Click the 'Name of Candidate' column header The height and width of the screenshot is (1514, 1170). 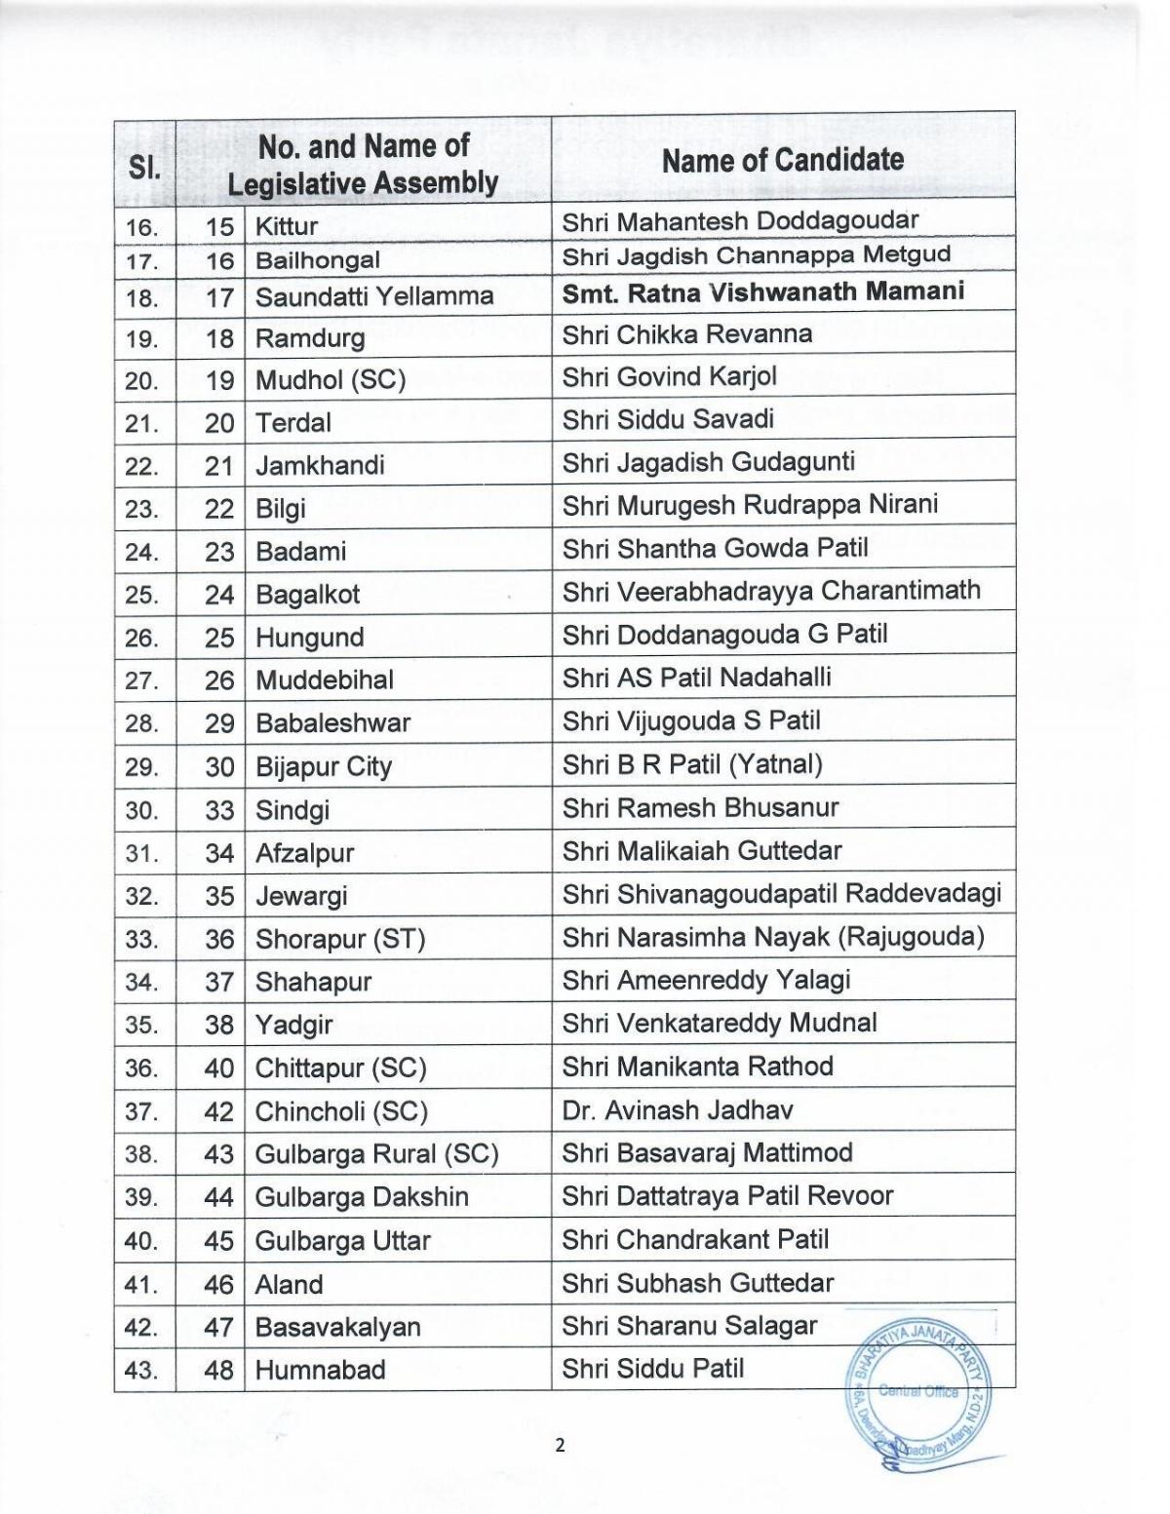[782, 161]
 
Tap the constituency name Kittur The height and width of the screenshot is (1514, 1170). [287, 227]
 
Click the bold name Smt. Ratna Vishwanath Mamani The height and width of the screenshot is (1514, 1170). [763, 291]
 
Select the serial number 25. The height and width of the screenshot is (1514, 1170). [141, 595]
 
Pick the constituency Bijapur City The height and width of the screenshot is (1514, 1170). [323, 767]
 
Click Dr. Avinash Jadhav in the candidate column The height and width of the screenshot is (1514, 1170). [678, 1109]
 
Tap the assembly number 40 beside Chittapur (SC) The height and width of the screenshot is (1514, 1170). [219, 1068]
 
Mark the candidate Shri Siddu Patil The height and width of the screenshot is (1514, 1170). [652, 1369]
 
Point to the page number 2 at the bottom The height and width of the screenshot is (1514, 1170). [560, 1445]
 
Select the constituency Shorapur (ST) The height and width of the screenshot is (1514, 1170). [340, 940]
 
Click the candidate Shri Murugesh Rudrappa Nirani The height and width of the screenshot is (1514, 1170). [750, 505]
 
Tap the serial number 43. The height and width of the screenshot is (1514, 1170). [141, 1371]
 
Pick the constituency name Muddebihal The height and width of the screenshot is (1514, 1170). [325, 680]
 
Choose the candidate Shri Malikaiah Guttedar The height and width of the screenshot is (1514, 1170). [702, 851]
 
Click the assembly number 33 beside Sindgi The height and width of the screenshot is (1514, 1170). [219, 810]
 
